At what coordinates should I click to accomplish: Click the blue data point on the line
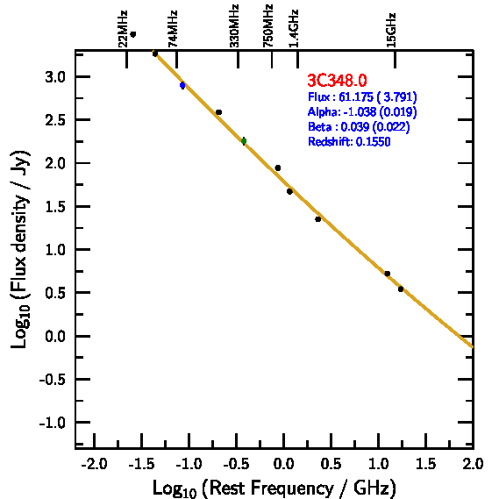coord(182,85)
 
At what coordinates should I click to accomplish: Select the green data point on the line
coord(244,141)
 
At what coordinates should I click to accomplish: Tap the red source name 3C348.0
coord(337,80)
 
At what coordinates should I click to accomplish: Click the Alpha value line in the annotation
coord(362,111)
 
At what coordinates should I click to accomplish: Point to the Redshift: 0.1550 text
coord(349,141)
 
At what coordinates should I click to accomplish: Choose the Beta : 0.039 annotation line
coord(359,126)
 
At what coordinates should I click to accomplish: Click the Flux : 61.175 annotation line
coord(362,96)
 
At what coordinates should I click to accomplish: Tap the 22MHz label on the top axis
coord(123,29)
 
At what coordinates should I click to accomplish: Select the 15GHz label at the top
coord(391,30)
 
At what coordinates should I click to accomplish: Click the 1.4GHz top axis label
coord(294,29)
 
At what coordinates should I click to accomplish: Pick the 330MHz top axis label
coord(234,25)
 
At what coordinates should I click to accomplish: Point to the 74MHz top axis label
coord(173,29)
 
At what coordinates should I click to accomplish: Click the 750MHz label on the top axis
coord(268,25)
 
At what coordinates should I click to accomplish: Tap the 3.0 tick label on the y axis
coord(55,77)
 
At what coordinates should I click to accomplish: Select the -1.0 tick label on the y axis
coord(53,423)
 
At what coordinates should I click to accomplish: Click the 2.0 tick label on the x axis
coord(473,464)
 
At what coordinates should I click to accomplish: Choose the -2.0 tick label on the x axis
coord(94,464)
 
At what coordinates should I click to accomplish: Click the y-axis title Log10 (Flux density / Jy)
coord(20,249)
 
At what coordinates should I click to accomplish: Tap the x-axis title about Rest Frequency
coord(274,488)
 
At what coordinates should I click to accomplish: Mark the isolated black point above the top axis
coord(133,34)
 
